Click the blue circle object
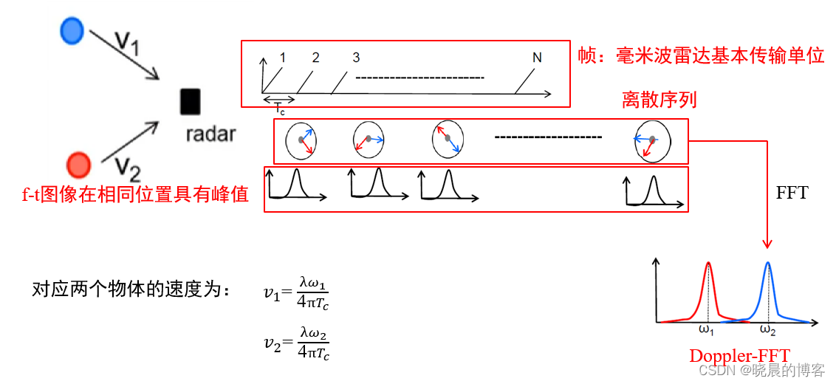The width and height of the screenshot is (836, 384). [x=72, y=30]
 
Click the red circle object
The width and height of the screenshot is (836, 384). [x=78, y=162]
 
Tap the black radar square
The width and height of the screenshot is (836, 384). [x=190, y=101]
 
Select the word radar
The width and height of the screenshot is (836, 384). [x=211, y=134]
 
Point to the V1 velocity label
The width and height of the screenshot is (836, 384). [x=127, y=43]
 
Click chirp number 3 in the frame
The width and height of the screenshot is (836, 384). [x=356, y=58]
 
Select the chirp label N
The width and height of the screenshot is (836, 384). [x=537, y=58]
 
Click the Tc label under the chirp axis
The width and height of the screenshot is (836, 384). [x=280, y=109]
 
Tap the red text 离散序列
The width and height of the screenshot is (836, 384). [x=659, y=100]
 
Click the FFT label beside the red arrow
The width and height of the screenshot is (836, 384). [x=792, y=193]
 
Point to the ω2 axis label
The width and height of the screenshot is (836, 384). [x=768, y=329]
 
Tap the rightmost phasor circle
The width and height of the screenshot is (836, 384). [x=652, y=143]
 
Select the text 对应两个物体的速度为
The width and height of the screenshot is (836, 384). [x=126, y=289]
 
